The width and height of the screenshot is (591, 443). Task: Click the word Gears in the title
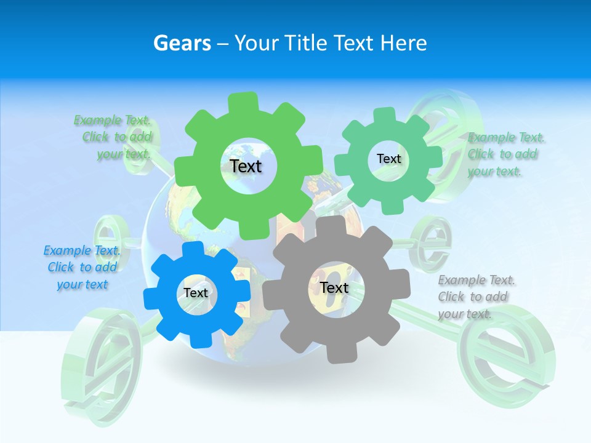pyautogui.click(x=182, y=43)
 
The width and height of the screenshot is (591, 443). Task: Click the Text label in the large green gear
pyautogui.click(x=246, y=166)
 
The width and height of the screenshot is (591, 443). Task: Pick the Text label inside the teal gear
pyautogui.click(x=388, y=159)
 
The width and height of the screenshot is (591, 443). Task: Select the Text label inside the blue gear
pyautogui.click(x=196, y=293)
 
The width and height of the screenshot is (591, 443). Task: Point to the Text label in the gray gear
pyautogui.click(x=334, y=287)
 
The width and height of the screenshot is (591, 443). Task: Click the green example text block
pyautogui.click(x=114, y=137)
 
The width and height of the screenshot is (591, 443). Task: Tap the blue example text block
pyautogui.click(x=82, y=267)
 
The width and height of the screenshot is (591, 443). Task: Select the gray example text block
pyautogui.click(x=475, y=297)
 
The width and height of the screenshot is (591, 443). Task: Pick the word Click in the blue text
pyautogui.click(x=60, y=267)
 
